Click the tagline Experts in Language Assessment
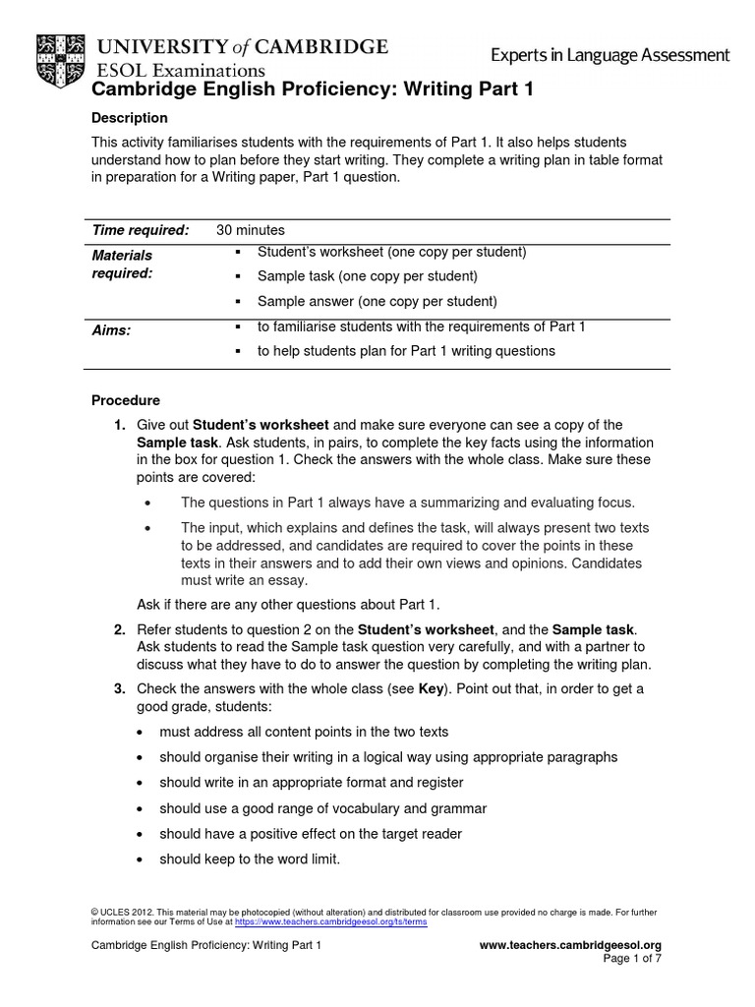(x=610, y=55)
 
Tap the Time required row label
(x=140, y=230)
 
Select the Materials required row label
(x=123, y=264)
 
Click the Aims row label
(x=111, y=331)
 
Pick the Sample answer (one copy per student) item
(x=377, y=301)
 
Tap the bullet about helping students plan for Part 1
(x=405, y=351)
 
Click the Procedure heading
(x=125, y=400)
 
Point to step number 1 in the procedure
(x=119, y=425)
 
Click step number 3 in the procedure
(x=119, y=688)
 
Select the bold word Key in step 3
(x=431, y=688)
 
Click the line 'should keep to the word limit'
(x=249, y=859)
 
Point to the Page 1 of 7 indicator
(x=632, y=960)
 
